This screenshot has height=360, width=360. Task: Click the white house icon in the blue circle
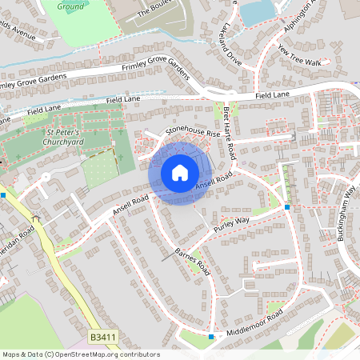tap(180, 172)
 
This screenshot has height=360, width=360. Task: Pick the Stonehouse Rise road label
tap(192, 126)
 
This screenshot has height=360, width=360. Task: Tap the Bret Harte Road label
tap(229, 131)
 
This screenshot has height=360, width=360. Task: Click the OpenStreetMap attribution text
tap(81, 354)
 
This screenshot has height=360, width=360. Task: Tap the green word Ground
tap(70, 6)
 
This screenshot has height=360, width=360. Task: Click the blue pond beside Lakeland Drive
tap(255, 12)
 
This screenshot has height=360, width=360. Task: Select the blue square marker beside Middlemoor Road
tap(211, 337)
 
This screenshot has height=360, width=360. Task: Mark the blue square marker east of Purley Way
tap(286, 207)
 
